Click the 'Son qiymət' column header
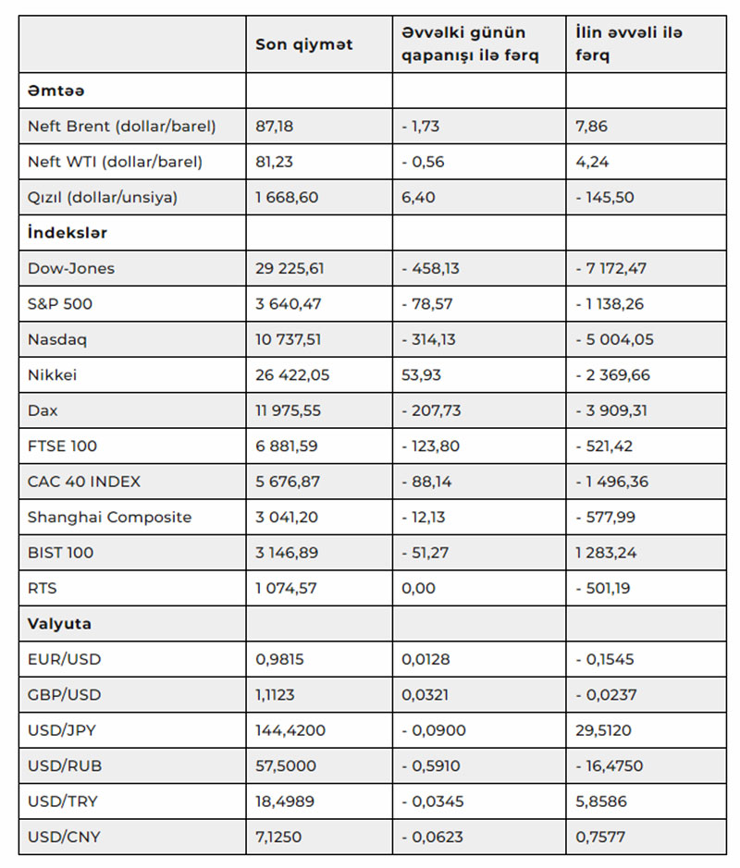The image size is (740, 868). [x=304, y=44]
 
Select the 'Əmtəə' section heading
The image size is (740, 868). [x=56, y=91]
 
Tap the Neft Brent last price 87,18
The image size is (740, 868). [x=275, y=126]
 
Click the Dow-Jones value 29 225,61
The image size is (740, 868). [x=290, y=268]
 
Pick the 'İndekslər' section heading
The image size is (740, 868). [x=67, y=232]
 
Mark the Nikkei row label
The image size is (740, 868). [x=52, y=375]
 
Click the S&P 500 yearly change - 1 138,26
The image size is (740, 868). [x=614, y=304]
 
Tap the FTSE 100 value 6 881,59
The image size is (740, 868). [x=287, y=446]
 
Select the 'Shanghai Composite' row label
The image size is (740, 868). [x=109, y=517]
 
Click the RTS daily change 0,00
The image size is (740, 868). [x=418, y=588]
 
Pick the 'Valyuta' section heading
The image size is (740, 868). [x=58, y=624]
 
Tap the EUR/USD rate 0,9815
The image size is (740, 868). [x=278, y=659]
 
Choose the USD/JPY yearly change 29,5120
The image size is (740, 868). [x=603, y=730]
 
